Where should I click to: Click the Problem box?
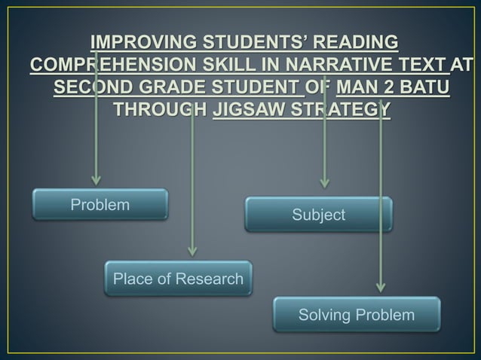[x=100, y=205]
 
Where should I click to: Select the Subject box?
[x=318, y=215]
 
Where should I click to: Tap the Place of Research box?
[x=178, y=279]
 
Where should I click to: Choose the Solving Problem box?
[x=357, y=314]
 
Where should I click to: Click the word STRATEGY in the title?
[x=342, y=110]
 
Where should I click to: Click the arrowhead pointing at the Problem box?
[x=95, y=179]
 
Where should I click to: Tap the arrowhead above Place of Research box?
[x=191, y=251]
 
